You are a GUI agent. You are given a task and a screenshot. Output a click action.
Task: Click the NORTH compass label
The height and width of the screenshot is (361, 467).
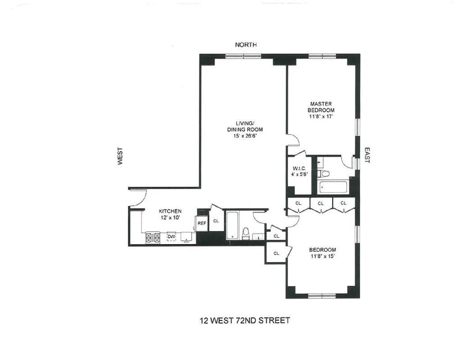click(246, 45)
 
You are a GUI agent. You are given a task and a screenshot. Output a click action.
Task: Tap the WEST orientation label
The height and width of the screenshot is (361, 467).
click(120, 157)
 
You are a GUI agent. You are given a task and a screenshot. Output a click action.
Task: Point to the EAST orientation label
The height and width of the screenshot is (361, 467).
click(366, 155)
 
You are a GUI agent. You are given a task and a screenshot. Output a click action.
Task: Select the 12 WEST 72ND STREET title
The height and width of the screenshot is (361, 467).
click(245, 321)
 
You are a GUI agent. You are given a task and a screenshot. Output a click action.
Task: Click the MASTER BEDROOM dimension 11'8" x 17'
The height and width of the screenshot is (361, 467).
click(321, 116)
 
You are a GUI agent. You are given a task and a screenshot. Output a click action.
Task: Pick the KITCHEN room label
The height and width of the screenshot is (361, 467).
click(170, 211)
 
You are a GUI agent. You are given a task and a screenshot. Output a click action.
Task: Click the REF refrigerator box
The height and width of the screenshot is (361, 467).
click(201, 223)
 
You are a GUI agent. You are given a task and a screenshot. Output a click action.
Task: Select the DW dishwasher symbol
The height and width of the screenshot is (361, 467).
click(171, 236)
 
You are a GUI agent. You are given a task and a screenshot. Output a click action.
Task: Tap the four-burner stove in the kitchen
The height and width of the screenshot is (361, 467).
click(152, 237)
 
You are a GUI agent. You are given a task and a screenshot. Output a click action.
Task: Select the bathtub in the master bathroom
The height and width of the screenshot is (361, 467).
click(333, 187)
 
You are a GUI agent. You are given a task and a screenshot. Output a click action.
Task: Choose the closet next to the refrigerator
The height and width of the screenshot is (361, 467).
click(216, 221)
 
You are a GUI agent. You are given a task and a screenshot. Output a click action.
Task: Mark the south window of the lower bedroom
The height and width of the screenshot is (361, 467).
click(321, 296)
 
